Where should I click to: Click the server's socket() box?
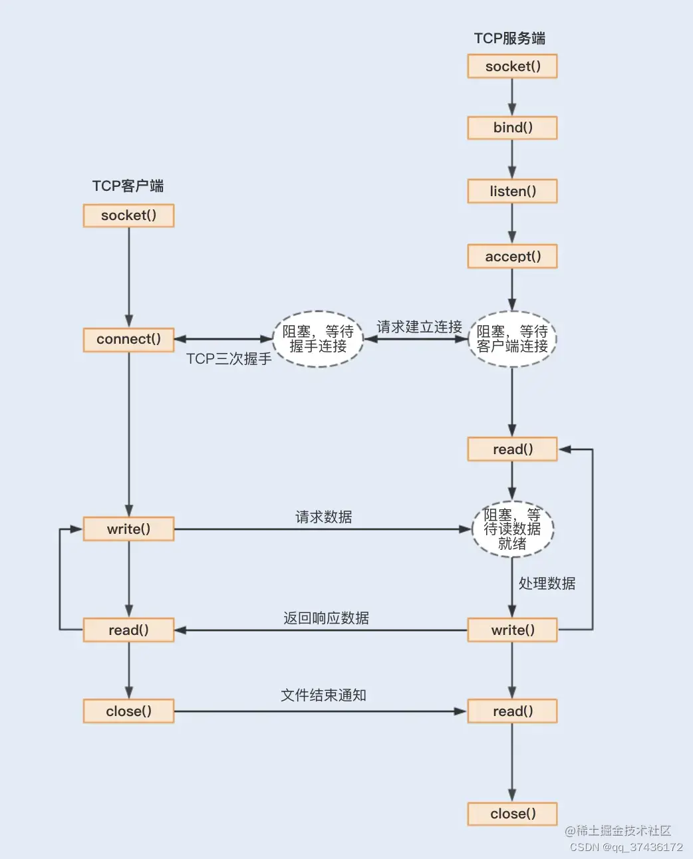tap(512, 66)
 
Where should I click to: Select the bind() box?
tap(512, 128)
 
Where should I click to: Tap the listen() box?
tap(512, 191)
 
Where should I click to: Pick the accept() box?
tap(512, 257)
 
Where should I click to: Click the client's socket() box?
tap(128, 215)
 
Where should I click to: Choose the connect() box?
tap(128, 339)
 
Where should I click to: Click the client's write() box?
tap(128, 529)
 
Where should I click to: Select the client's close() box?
tap(128, 711)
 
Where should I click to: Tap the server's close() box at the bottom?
tap(512, 814)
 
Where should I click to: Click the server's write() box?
tap(512, 630)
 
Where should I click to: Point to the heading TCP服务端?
tap(509, 39)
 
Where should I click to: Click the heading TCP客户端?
tap(128, 186)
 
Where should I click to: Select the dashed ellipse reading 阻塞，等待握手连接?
tap(318, 339)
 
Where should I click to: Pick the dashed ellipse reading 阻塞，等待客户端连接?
tap(512, 339)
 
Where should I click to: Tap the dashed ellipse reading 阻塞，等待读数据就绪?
tap(512, 529)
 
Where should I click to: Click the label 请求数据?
tap(324, 517)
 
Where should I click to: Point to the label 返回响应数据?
tap(326, 618)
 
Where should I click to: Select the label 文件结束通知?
tap(323, 695)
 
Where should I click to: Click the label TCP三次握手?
tap(229, 359)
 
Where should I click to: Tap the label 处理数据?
tap(547, 584)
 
